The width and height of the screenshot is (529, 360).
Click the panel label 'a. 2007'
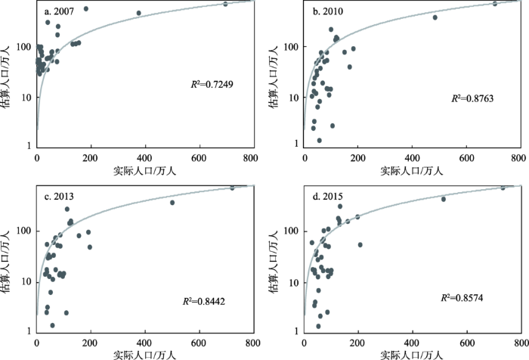point(62,11)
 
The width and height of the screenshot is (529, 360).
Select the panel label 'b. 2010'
point(329,11)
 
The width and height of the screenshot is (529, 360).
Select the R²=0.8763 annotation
point(472,98)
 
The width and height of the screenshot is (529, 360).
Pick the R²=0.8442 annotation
point(206,301)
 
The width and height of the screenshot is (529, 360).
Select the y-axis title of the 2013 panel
point(8,261)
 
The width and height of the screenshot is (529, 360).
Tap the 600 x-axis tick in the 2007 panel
point(199,157)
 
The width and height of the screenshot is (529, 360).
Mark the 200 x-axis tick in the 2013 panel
point(91,343)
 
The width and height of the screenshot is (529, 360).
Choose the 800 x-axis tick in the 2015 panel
point(519,343)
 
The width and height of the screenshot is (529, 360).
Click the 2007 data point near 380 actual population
point(138,13)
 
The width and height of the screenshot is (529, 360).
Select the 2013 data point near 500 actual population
point(172,203)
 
